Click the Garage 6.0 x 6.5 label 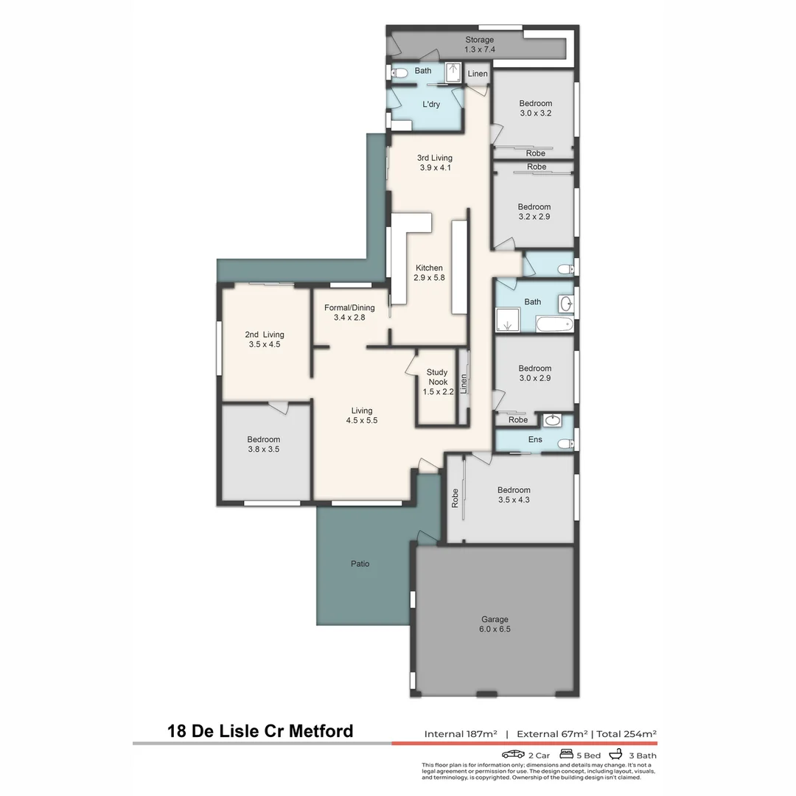[x=495, y=624]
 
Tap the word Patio [x=360, y=564]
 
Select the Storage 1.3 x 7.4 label [x=479, y=44]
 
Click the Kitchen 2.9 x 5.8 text [x=429, y=273]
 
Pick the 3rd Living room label [x=434, y=162]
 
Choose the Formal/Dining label [x=349, y=313]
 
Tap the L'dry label [x=431, y=105]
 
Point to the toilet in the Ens [x=565, y=444]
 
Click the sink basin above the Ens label [x=552, y=421]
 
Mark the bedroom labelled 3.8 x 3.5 [x=263, y=444]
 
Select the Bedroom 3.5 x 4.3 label [x=514, y=495]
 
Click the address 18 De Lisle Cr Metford [x=260, y=731]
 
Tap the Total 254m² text [x=626, y=733]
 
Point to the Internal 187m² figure [x=461, y=733]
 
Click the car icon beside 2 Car [x=513, y=754]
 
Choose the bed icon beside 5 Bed [x=567, y=754]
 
